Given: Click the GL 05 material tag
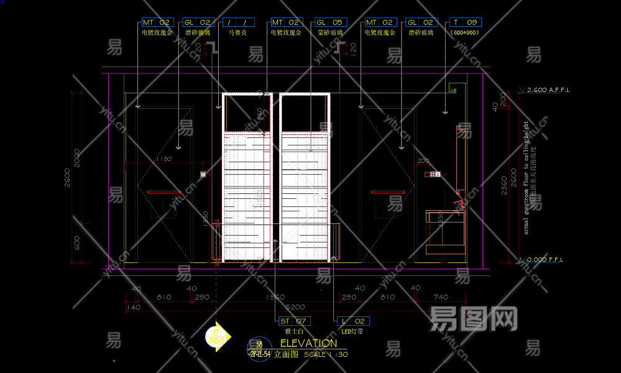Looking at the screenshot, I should (329, 22).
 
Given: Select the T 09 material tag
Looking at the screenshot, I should (465, 22).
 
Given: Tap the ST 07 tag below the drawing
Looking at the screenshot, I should (293, 321).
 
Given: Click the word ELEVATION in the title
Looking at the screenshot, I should (308, 343).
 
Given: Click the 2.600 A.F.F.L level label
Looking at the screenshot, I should (548, 90).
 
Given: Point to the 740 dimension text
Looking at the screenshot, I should (440, 297).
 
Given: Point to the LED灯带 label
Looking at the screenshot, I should (352, 331).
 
